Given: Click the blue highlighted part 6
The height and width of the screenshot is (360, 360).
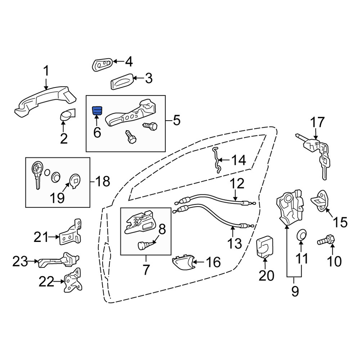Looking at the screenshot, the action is [97, 111].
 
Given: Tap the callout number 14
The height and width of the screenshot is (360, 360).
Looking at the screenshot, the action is [239, 160].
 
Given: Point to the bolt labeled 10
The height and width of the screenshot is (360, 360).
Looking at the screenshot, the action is [326, 240].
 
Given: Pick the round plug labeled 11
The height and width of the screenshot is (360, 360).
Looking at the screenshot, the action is [301, 235].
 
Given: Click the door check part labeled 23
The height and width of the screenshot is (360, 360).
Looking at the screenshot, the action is [59, 260].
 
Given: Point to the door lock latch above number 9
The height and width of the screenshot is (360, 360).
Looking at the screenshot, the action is [290, 207].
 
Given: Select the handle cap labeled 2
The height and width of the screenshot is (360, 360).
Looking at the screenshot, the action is [68, 114].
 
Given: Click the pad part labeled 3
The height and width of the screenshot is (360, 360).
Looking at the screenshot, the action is [122, 81].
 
